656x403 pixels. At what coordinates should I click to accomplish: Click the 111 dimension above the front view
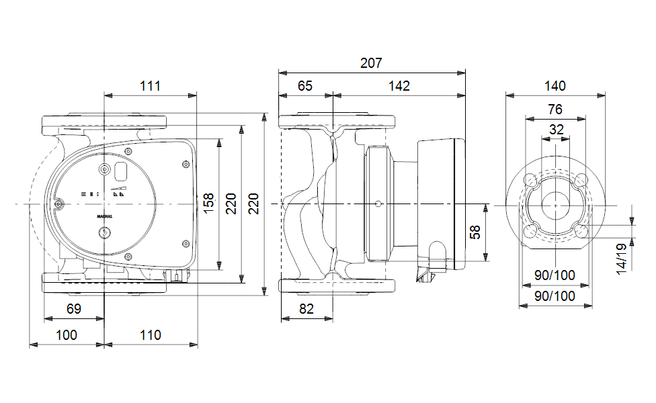[151, 86]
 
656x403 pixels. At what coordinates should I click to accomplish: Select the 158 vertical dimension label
[209, 204]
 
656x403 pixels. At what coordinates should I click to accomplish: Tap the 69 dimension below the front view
[74, 309]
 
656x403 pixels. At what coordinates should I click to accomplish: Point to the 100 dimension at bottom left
[66, 334]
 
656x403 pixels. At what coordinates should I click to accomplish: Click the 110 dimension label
[151, 334]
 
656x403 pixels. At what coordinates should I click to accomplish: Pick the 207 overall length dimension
[371, 63]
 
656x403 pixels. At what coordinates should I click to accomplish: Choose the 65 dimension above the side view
[305, 86]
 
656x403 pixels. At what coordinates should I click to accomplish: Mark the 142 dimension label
[399, 86]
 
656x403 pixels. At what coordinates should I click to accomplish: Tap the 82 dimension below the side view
[306, 309]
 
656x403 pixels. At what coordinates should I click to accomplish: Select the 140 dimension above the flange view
[555, 86]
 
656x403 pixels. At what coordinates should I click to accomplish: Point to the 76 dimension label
[555, 109]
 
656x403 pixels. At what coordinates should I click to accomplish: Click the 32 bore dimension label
[556, 130]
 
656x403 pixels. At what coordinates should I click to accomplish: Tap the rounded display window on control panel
[122, 171]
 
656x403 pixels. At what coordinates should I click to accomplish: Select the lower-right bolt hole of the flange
[581, 230]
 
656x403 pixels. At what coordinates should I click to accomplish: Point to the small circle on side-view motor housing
[378, 204]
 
